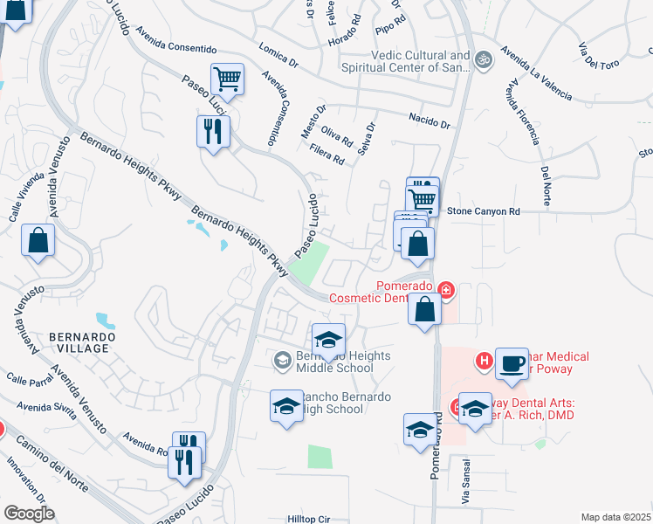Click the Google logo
pos(29,514)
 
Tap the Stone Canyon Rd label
pos(483,211)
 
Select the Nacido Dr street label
pos(430,121)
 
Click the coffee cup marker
pos(512,362)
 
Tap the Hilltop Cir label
pos(309,519)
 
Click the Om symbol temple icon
pos(485,59)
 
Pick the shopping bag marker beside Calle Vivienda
pos(38,242)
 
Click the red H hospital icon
pos(484,359)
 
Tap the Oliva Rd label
pos(337,134)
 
